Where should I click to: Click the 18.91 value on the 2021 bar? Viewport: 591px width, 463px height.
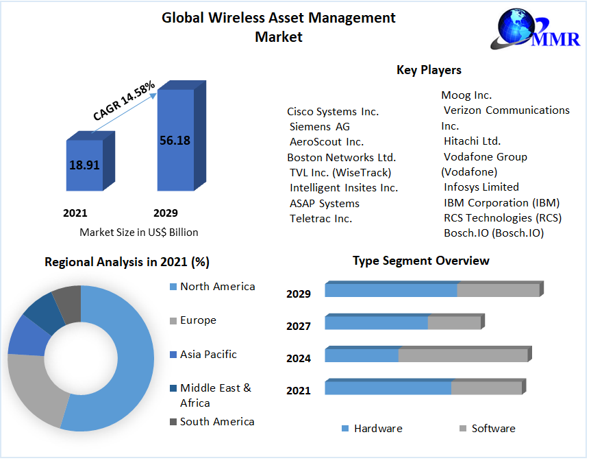coord(84,165)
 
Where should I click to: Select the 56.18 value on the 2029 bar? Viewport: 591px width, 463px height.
coord(175,141)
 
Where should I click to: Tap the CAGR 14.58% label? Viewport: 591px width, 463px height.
coord(124,102)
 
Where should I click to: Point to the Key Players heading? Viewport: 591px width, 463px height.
coord(429,70)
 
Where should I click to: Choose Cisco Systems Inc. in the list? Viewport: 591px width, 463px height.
coord(333,111)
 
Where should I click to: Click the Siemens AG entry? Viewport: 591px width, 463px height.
coord(319,126)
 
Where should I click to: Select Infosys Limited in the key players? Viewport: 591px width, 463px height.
coord(481,187)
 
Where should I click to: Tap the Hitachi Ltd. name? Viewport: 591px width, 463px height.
coord(472,141)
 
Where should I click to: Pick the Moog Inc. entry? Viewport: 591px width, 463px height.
coord(466,95)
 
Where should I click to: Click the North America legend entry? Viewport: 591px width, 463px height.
coord(217,287)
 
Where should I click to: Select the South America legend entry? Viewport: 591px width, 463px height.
coord(217,422)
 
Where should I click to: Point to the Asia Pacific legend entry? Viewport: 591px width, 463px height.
coord(208,355)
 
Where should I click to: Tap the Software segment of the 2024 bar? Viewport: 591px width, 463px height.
coord(463,355)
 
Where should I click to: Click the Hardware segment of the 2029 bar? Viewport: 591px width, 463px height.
coord(390,290)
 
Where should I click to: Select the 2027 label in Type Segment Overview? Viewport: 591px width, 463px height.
coord(299,327)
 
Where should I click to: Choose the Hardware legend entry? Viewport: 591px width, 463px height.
coord(378,429)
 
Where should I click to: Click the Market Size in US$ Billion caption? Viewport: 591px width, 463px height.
coord(138,232)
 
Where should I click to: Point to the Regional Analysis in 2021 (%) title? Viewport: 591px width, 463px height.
coord(127,262)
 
